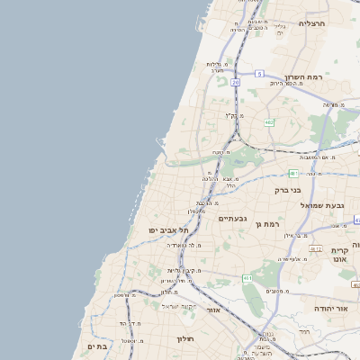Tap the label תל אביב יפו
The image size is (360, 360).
click(x=168, y=230)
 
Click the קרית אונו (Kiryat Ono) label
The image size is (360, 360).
click(x=339, y=255)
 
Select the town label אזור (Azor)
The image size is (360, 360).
click(x=213, y=310)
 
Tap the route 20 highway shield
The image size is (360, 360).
click(x=235, y=82)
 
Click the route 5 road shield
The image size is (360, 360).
click(x=259, y=73)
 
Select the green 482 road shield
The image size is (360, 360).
click(x=269, y=122)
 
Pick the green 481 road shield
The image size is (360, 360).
click(x=293, y=172)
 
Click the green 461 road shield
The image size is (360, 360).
click(x=247, y=279)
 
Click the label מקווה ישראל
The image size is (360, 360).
click(x=176, y=306)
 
